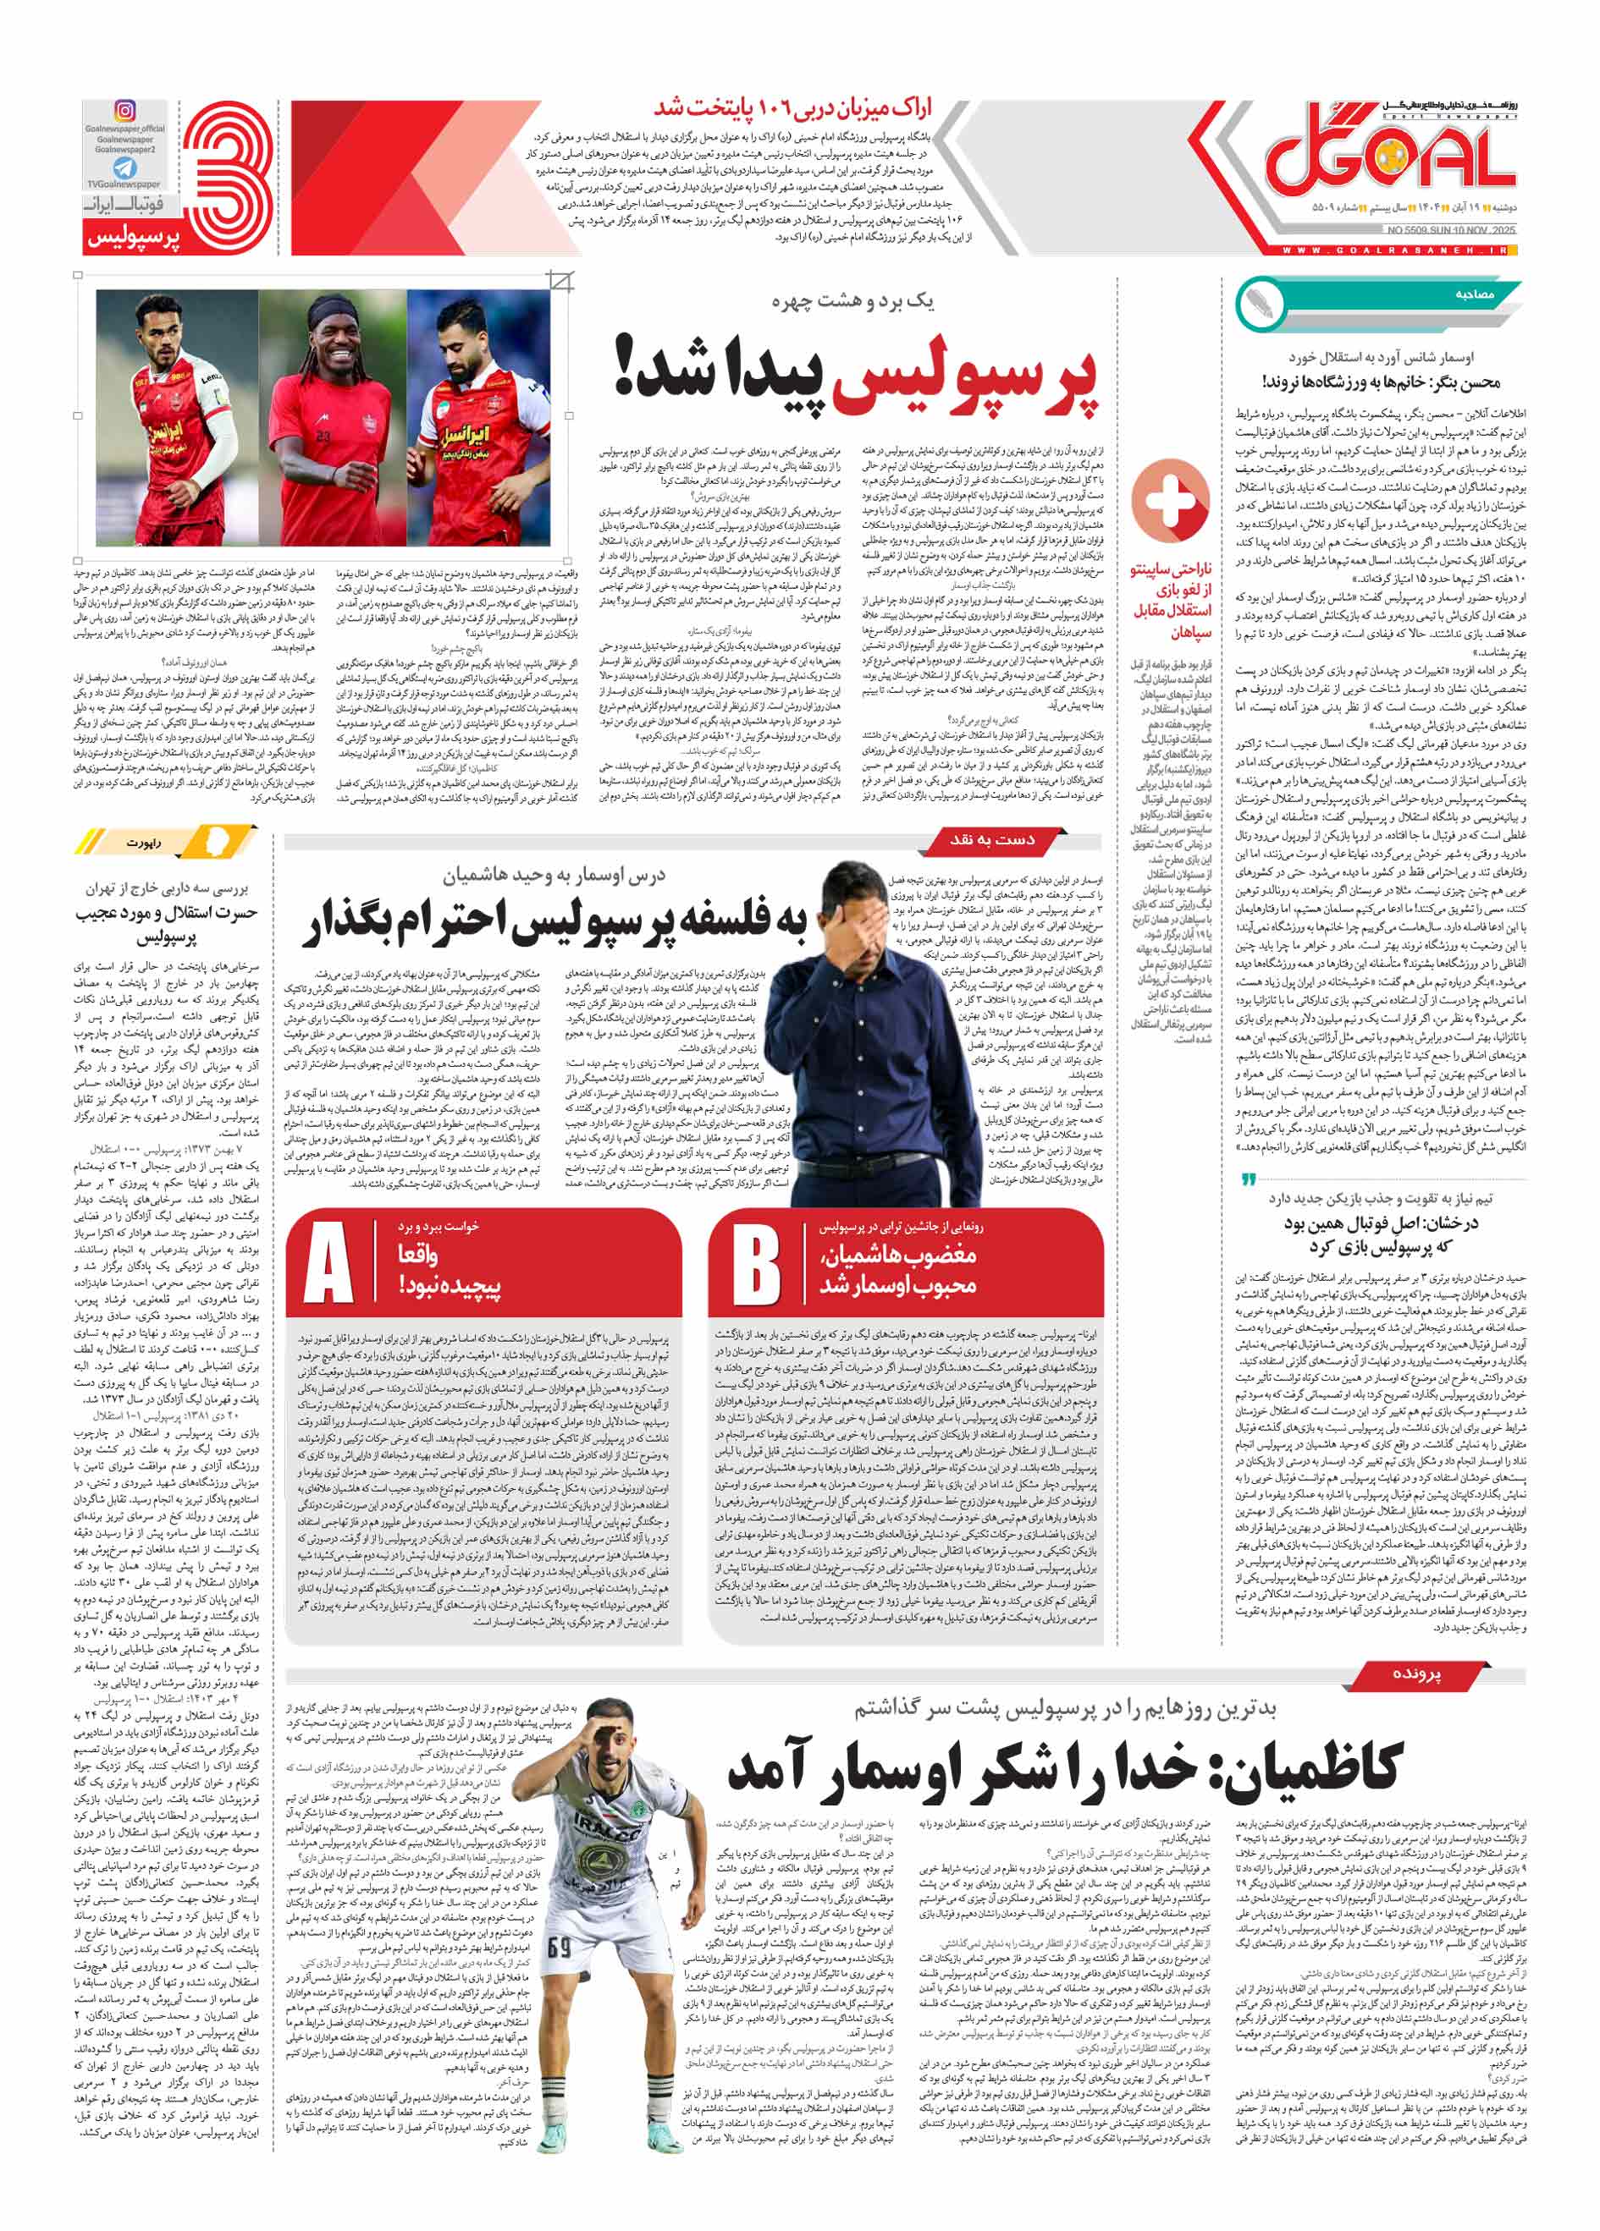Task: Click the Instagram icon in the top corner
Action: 125,110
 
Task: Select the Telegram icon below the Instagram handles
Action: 125,168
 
